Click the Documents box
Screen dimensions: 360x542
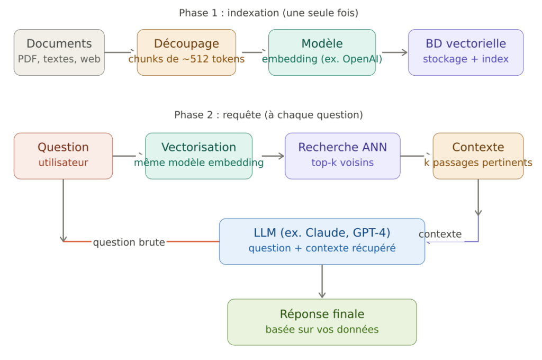(x=59, y=52)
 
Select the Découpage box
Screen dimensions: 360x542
(x=186, y=52)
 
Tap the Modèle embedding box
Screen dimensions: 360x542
(x=322, y=52)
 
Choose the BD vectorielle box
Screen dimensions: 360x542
(x=466, y=52)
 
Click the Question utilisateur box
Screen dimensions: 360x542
(x=63, y=156)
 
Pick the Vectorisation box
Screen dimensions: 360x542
(x=198, y=156)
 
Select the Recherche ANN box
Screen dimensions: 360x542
(x=342, y=156)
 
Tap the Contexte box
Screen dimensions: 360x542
(x=478, y=156)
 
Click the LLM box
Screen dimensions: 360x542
(x=322, y=241)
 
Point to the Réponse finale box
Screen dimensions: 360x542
(x=322, y=322)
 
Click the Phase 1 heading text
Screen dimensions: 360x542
(x=268, y=13)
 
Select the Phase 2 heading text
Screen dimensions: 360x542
(x=268, y=115)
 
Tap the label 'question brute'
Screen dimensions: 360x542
(x=129, y=242)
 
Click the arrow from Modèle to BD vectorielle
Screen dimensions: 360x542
(x=394, y=52)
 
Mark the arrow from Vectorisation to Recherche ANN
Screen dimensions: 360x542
(x=273, y=156)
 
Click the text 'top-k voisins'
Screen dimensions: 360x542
(x=342, y=163)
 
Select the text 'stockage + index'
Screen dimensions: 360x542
(x=466, y=59)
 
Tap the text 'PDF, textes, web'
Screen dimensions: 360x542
(x=59, y=59)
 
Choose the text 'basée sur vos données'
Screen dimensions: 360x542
(x=322, y=329)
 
